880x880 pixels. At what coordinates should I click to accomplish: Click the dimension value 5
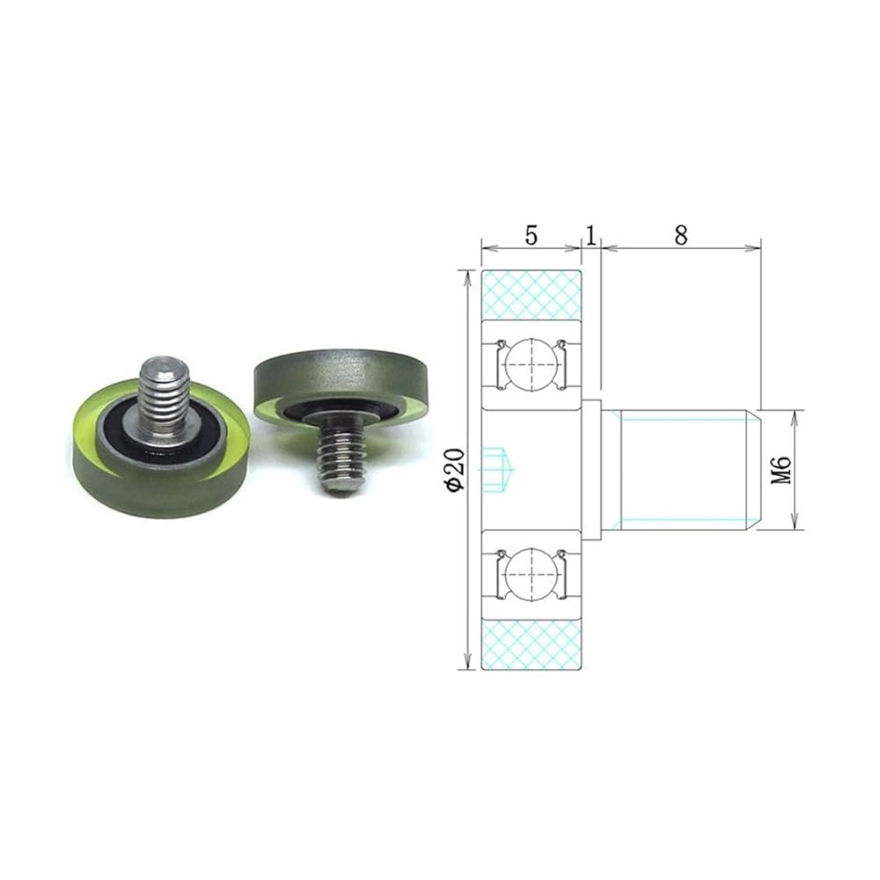tap(531, 235)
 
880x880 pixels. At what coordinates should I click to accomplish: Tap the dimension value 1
tap(590, 235)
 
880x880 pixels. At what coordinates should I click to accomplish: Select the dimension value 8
tap(680, 235)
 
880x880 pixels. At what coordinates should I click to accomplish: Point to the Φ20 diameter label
tap(455, 470)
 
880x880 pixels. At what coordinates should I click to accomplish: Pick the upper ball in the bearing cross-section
tap(531, 363)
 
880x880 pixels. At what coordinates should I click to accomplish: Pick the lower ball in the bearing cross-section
tap(531, 574)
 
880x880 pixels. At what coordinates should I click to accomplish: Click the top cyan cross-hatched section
tap(532, 295)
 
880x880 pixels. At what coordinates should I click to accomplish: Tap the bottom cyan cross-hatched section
tap(532, 644)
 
